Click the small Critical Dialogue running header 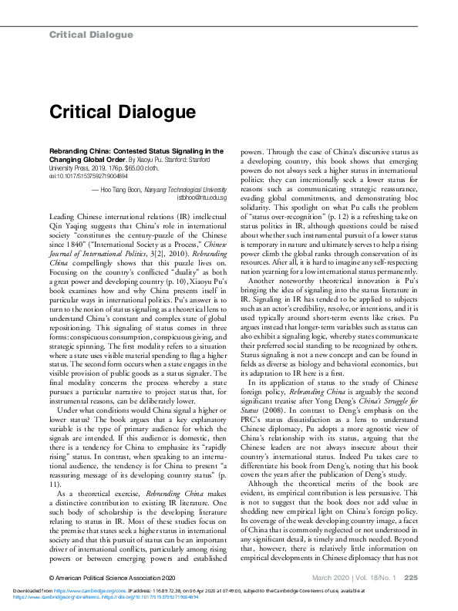[x=91, y=35]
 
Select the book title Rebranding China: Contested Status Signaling [x=130, y=152]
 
